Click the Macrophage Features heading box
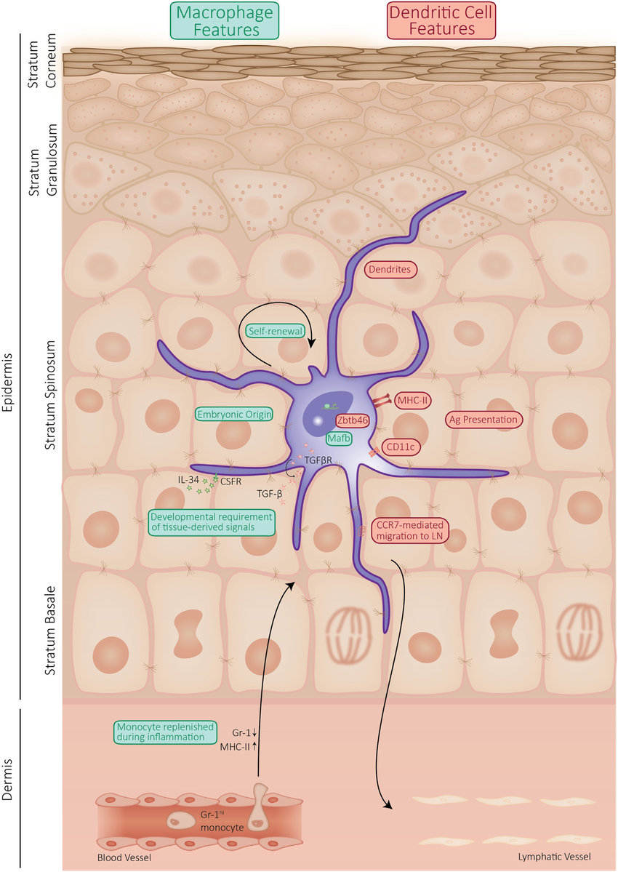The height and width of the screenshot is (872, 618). click(x=225, y=20)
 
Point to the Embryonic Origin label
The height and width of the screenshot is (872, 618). click(x=234, y=414)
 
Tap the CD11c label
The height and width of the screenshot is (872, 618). click(x=400, y=447)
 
